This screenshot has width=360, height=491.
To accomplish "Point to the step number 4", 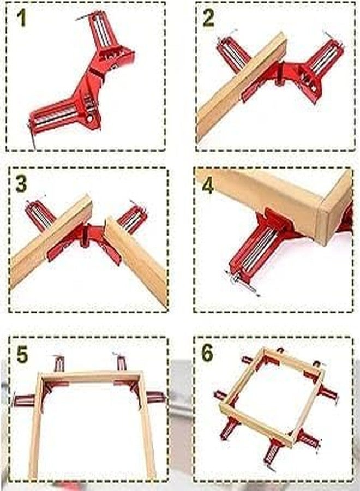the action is tap(208, 185).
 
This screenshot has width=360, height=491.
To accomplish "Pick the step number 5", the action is tap(22, 354).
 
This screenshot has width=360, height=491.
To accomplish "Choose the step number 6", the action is tap(207, 353).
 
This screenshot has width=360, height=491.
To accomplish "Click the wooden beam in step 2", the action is tap(242, 87).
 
